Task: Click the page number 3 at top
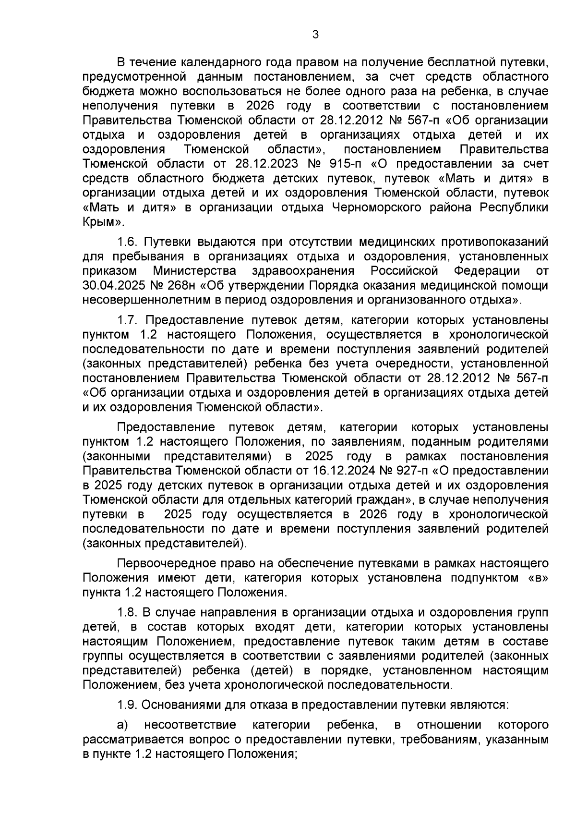tap(315, 35)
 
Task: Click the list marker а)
tap(123, 725)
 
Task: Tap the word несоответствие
tap(190, 725)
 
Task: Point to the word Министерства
tap(194, 271)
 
